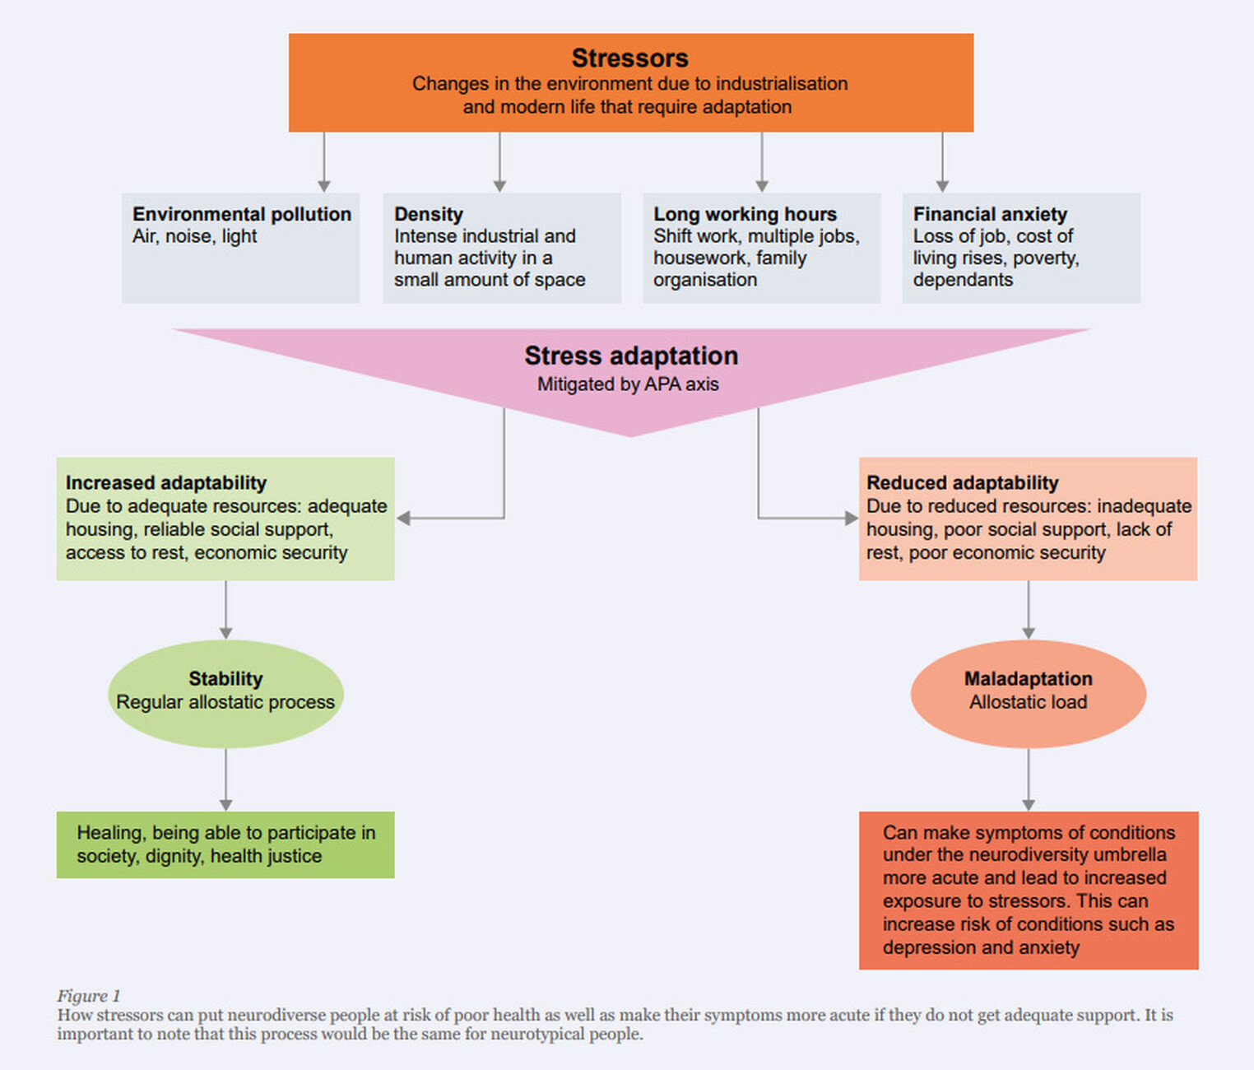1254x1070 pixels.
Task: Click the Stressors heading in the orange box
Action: click(629, 58)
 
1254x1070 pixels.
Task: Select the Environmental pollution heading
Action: click(241, 214)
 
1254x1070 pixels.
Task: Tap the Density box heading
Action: click(428, 214)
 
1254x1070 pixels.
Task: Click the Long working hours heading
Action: click(745, 214)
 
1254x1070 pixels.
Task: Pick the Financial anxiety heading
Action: click(989, 214)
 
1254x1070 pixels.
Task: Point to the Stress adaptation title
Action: click(631, 356)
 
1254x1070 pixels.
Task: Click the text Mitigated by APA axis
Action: click(628, 384)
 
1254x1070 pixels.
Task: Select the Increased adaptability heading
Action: click(166, 483)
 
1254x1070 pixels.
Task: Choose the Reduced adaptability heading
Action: click(962, 483)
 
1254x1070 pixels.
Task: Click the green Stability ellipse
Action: click(225, 693)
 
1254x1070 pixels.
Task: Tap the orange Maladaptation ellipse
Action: click(1028, 693)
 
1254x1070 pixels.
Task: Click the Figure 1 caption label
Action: click(88, 996)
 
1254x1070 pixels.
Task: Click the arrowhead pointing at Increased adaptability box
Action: click(404, 518)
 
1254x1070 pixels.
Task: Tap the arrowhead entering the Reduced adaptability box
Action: click(851, 518)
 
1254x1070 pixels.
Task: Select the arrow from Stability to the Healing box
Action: click(225, 780)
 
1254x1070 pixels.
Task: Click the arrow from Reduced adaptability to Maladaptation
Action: click(1028, 610)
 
